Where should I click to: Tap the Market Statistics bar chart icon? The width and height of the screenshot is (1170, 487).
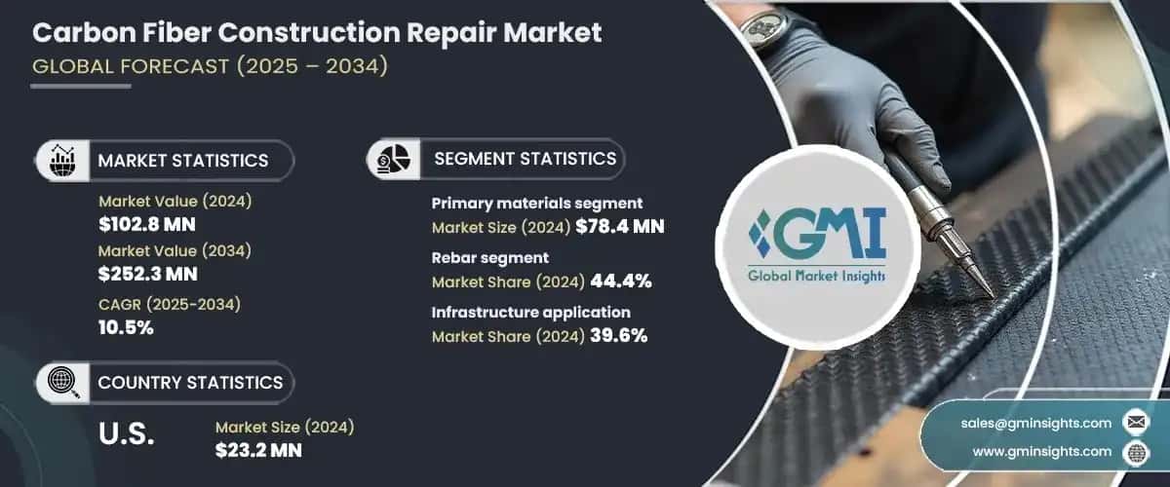(62, 160)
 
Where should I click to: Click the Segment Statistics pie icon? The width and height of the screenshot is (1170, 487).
(394, 158)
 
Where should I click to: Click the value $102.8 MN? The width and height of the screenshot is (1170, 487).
(147, 224)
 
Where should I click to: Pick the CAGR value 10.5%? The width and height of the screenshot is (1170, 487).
(127, 328)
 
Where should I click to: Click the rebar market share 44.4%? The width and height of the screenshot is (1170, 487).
(619, 282)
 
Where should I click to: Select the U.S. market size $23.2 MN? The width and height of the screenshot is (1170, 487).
(258, 450)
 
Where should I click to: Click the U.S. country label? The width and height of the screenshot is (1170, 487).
(127, 434)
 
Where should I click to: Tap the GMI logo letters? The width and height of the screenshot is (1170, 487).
(819, 233)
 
